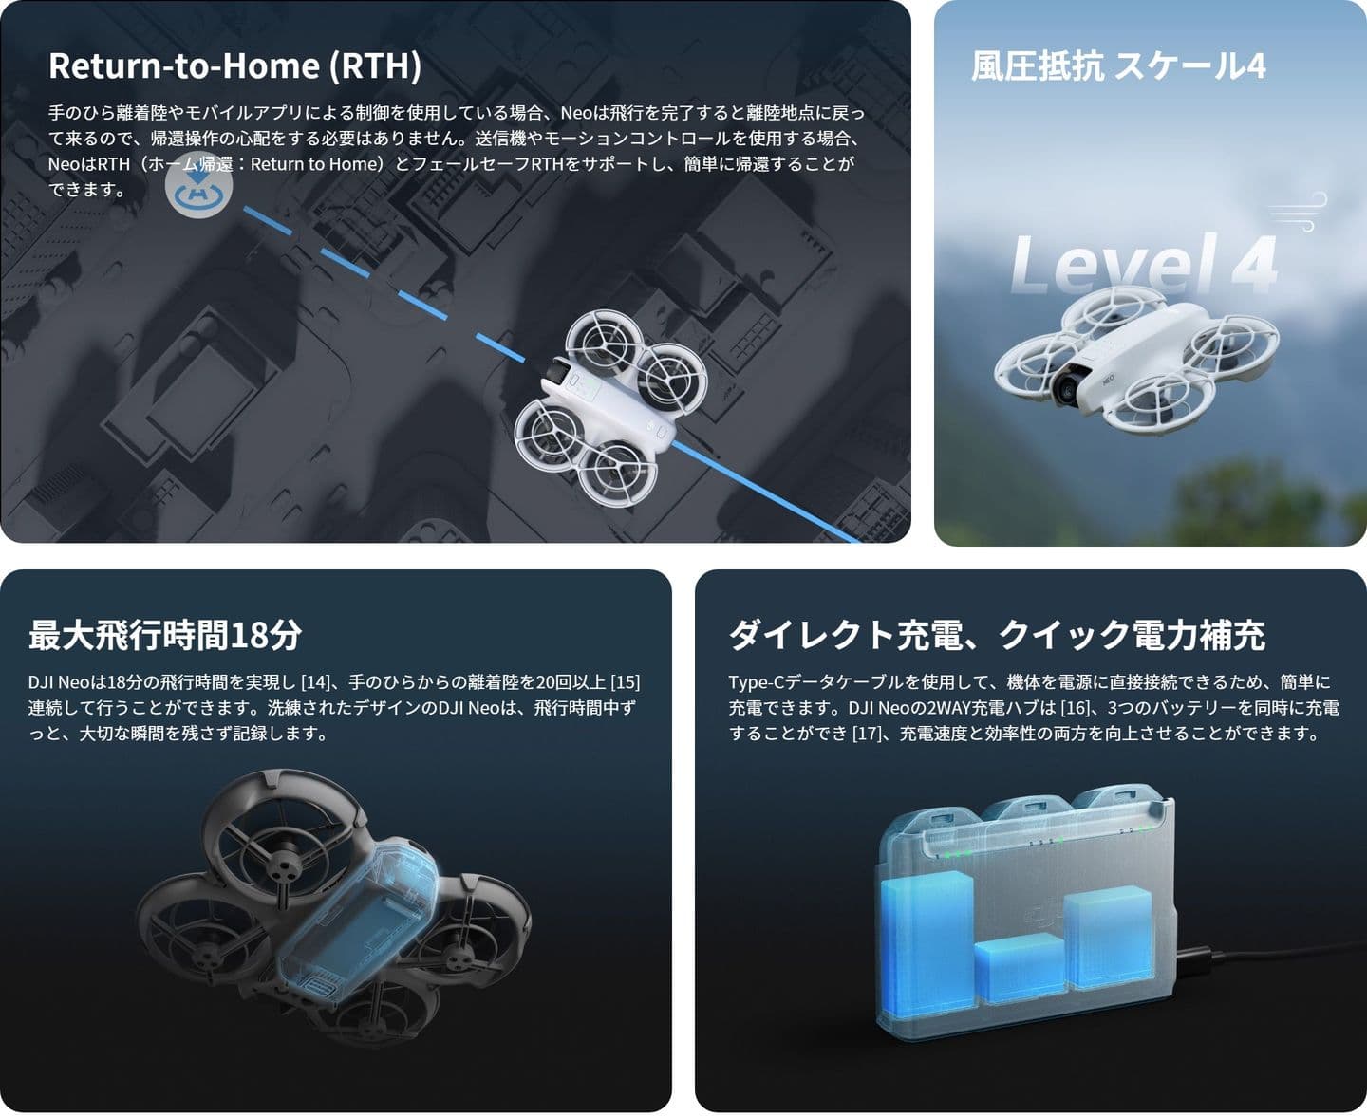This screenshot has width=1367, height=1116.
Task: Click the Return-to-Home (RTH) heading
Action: coord(234,66)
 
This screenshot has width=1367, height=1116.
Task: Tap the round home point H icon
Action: coord(198,185)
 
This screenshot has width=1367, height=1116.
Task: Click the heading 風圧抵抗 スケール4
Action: coord(1118,66)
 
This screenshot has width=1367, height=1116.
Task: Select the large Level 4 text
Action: coord(1144,265)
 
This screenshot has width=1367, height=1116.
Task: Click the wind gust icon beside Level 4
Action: coord(1299,212)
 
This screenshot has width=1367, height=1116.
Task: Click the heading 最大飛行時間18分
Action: coord(164,635)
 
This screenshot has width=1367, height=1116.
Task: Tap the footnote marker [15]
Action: coord(626,682)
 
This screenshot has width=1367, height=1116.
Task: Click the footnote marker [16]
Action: coord(1075,708)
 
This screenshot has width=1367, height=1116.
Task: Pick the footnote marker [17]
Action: coord(868,734)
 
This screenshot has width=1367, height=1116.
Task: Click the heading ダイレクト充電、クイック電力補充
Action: coord(997,635)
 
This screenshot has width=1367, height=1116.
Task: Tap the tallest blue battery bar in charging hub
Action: coord(927,940)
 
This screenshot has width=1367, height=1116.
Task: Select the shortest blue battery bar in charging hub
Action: coord(1021,969)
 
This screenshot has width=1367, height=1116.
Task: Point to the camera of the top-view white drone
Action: coord(557,372)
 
